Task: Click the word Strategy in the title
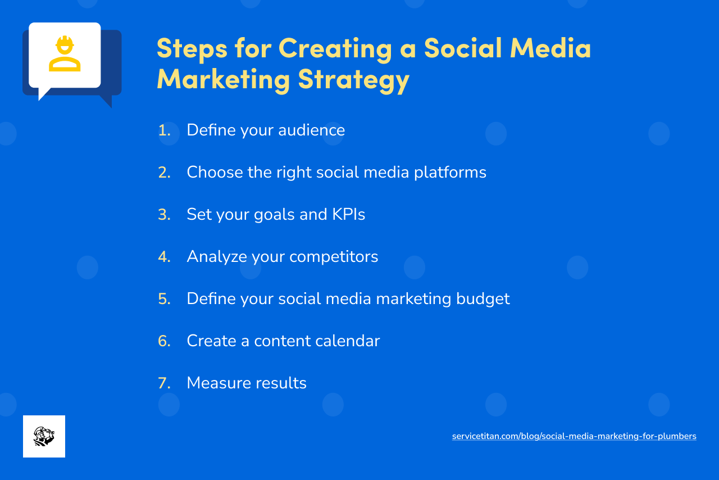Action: click(x=354, y=79)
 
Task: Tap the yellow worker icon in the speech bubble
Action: click(x=65, y=54)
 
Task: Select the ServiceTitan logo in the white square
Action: click(x=44, y=436)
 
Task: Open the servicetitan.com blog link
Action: click(x=574, y=436)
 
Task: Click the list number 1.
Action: click(x=164, y=130)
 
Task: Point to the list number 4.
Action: click(x=164, y=257)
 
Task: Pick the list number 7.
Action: click(x=164, y=383)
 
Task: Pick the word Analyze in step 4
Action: click(x=217, y=257)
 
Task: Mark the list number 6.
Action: click(x=164, y=341)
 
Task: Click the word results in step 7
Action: click(x=281, y=383)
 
